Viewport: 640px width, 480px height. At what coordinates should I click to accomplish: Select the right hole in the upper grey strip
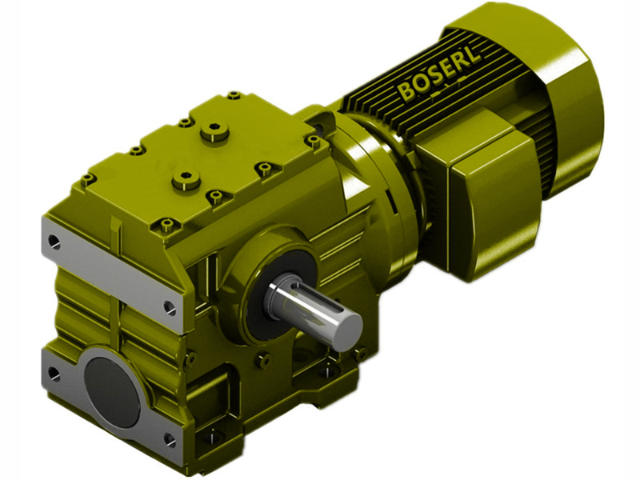(x=169, y=305)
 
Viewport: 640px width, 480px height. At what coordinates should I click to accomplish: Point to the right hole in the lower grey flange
(x=169, y=438)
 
